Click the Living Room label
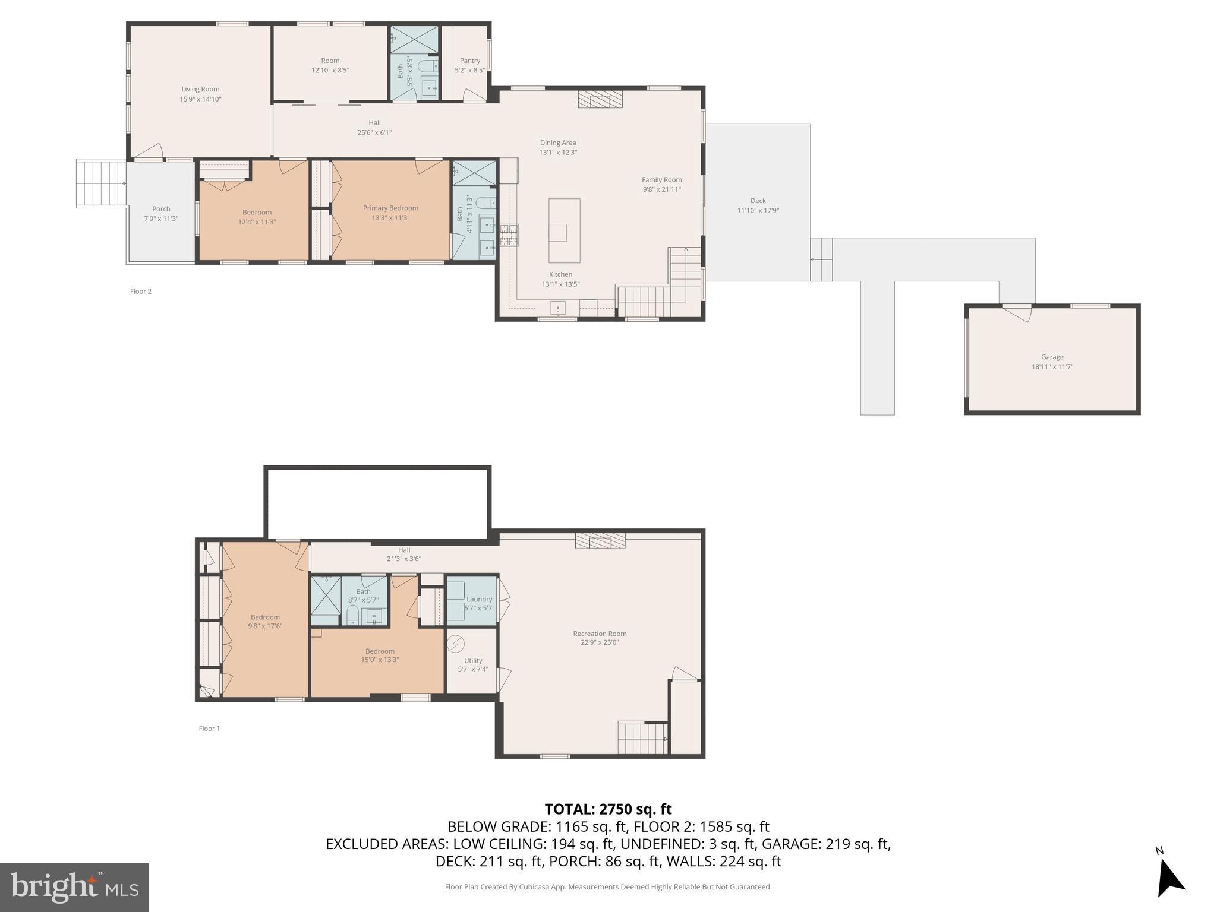pos(200,90)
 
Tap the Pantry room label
pos(469,61)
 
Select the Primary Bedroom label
pos(390,208)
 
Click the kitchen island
pos(564,230)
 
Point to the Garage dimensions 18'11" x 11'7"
pos(1052,367)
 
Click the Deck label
pos(758,201)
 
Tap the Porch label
pos(161,209)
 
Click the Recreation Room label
pos(600,634)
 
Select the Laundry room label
pos(479,599)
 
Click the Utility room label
pos(473,660)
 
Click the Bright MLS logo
pos(74,887)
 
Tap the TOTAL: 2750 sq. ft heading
pos(608,809)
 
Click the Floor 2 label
pos(141,292)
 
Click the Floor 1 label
pos(209,729)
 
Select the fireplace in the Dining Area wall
pos(600,99)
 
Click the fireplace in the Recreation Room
pos(600,540)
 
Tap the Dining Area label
pos(557,142)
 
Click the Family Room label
pos(661,180)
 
